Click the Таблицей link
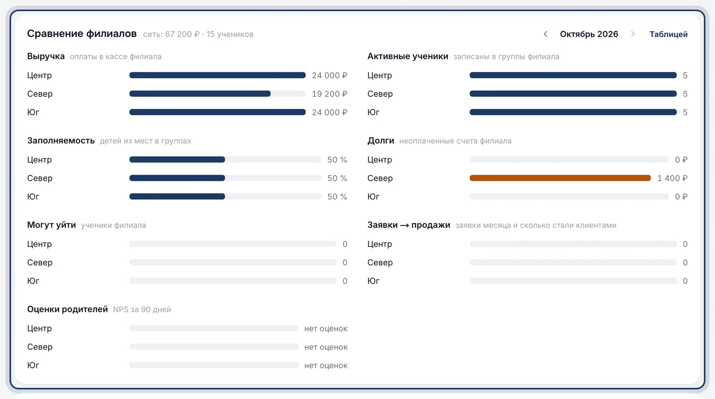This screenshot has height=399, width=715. [669, 34]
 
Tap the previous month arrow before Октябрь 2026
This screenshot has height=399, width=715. [546, 34]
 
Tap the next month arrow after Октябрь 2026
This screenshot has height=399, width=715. [633, 34]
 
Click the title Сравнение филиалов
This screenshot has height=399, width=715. [82, 33]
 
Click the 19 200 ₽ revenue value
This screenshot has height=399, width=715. [329, 94]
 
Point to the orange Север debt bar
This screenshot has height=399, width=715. [560, 178]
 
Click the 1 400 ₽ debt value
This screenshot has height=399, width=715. [672, 178]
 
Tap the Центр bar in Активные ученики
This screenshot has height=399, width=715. [573, 75]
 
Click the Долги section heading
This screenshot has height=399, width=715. [381, 141]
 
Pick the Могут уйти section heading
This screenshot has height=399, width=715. [51, 225]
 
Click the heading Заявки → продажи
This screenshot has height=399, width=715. [408, 225]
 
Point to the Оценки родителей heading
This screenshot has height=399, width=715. [67, 309]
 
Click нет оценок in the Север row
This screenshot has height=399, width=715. [326, 347]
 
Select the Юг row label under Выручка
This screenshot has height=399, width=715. [33, 112]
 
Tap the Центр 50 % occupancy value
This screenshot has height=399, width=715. [337, 160]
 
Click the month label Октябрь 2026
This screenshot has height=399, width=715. [589, 34]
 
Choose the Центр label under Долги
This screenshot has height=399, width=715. [379, 160]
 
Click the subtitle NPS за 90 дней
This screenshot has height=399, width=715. [142, 309]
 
